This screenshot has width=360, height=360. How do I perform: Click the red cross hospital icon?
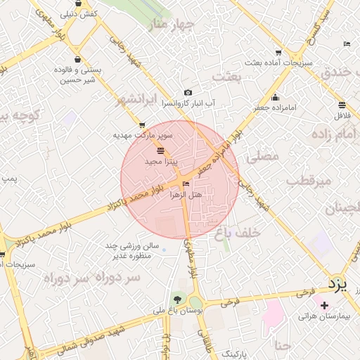pyautogui.click(x=324, y=305)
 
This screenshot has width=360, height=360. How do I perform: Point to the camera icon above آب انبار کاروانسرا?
pyautogui.click(x=188, y=93)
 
